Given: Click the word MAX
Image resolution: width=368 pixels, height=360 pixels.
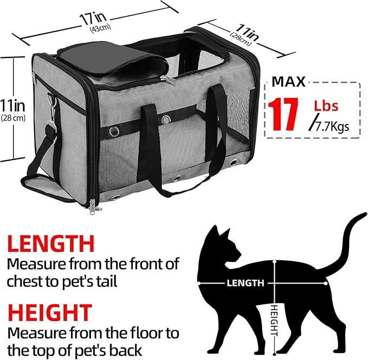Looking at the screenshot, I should point(289,82).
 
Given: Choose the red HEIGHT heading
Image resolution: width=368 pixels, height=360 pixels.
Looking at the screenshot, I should point(50,313).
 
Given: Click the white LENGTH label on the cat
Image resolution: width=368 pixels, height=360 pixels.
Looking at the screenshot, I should point(246,283).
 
